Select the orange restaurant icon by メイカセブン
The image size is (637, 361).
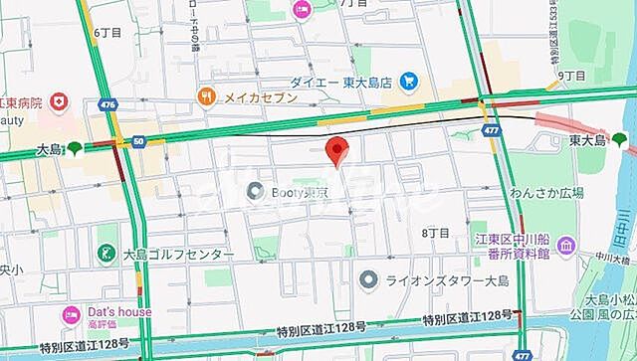click(x=207, y=96)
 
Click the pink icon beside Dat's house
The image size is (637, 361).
click(x=71, y=316)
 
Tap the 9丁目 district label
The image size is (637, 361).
click(x=570, y=75)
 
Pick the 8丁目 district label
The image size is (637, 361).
click(x=436, y=232)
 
